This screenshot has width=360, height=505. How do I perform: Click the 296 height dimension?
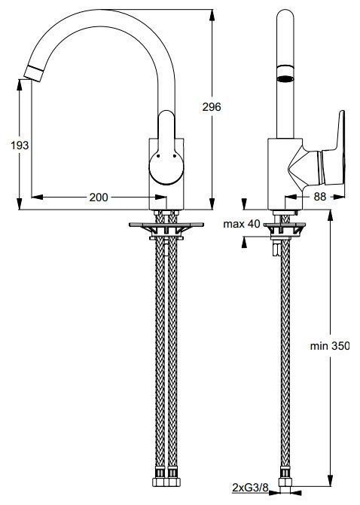tap(212, 106)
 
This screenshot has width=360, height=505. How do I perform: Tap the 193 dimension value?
tap(20, 145)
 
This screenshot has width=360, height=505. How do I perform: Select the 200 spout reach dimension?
tap(99, 197)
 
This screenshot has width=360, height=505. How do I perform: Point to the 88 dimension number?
tap(320, 197)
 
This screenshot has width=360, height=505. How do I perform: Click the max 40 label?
tap(242, 224)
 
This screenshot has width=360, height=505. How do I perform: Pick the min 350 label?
tap(329, 346)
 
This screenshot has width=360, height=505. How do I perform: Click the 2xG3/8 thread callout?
tap(250, 488)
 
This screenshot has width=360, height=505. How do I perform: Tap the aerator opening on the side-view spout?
tap(285, 78)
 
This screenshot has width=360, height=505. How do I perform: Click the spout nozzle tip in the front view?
tap(33, 73)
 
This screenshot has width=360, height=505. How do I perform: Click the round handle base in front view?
tap(166, 167)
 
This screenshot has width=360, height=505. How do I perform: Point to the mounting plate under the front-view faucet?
tap(166, 225)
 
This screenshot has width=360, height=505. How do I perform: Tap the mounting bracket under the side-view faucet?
tap(285, 229)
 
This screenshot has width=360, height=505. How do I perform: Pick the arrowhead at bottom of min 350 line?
tap(330, 481)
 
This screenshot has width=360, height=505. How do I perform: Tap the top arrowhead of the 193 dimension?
tap(20, 84)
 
